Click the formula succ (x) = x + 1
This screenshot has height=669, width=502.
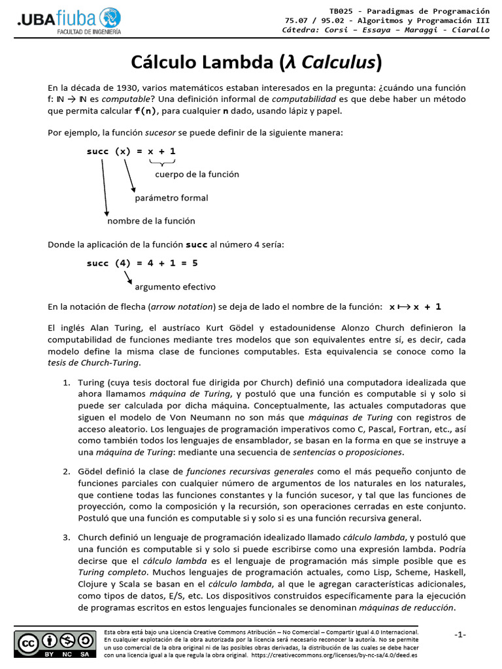click(131, 152)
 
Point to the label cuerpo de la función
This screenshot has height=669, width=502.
click(197, 174)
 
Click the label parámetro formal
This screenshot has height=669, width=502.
click(171, 198)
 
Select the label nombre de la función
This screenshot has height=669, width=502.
click(151, 221)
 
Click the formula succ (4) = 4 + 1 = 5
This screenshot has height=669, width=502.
click(142, 263)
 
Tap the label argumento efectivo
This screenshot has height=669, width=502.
click(175, 287)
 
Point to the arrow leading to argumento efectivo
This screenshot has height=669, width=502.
click(128, 278)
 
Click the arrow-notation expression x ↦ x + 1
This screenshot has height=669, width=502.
click(415, 306)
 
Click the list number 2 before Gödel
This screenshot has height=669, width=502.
click(66, 472)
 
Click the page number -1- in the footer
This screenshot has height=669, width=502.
click(460, 635)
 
